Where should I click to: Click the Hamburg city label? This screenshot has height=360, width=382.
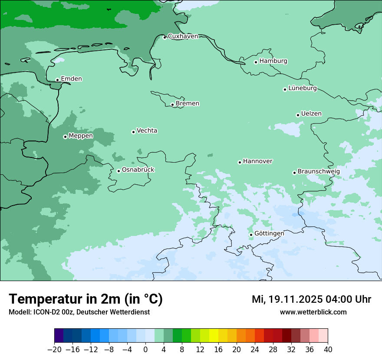tap(273, 61)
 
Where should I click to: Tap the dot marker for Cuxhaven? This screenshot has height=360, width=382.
tap(165, 37)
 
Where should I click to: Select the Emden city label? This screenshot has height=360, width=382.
tap(71, 79)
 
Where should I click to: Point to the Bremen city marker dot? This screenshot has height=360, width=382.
tap(172, 105)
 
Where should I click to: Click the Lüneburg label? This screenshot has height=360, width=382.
tap(302, 88)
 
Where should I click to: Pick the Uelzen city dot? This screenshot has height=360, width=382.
tap(298, 115)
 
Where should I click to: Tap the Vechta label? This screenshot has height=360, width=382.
tap(147, 131)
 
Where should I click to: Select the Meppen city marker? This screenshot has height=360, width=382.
tap(65, 137)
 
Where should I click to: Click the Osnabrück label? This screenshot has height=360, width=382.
tap(138, 170)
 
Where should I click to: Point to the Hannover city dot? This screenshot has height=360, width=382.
tap(240, 162)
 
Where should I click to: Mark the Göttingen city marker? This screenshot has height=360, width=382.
tap(251, 235)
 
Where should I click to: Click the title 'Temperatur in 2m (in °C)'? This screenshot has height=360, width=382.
tap(86, 299)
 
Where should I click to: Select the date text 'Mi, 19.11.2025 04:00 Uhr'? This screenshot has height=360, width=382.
tap(311, 299)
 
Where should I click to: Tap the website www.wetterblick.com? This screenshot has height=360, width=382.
tap(313, 312)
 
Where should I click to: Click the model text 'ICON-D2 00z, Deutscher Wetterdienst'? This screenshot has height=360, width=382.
tap(91, 312)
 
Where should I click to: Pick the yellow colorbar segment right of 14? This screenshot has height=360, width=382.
tap(214, 336)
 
